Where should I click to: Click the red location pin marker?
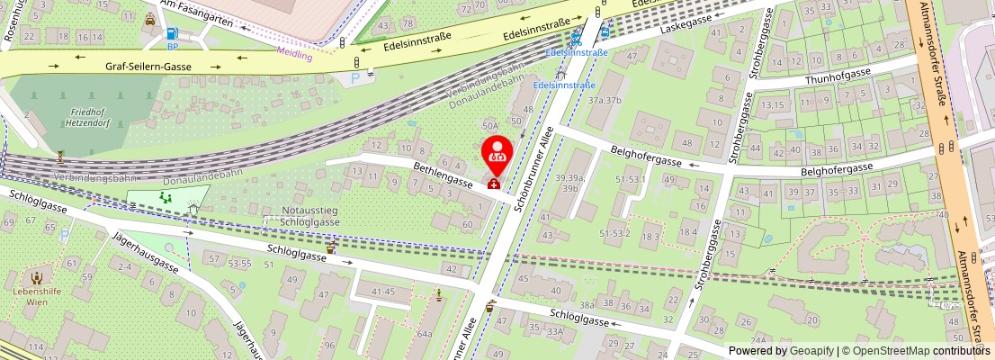tap(496, 155)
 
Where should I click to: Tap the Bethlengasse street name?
tap(443, 175)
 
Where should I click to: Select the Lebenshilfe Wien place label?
tap(36, 298)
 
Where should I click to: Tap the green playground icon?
tap(164, 195)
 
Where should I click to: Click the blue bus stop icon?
tap(605, 33)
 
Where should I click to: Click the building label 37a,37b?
tap(605, 100)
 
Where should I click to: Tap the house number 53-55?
tap(239, 264)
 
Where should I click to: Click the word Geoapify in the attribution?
tap(811, 351)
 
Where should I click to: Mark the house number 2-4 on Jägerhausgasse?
tap(124, 266)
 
